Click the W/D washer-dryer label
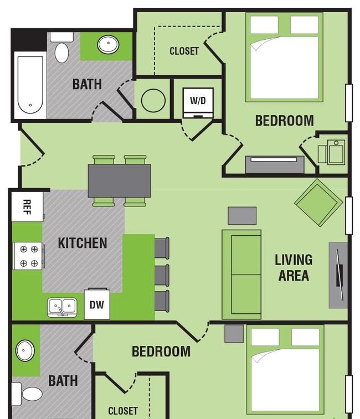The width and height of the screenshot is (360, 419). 198,101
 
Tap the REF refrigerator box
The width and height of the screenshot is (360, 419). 27,207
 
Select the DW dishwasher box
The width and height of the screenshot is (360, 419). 97,304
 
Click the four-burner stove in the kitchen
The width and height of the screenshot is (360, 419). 29,256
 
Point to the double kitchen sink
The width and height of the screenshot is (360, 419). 63,307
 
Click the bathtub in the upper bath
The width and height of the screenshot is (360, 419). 30,85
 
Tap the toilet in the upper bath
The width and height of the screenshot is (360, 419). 62,48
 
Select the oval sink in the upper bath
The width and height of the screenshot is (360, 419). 108,44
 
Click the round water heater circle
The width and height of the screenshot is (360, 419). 153,101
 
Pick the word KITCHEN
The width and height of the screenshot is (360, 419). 83,243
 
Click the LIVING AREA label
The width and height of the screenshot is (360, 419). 294,267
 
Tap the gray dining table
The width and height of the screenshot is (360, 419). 119,180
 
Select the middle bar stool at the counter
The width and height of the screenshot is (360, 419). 162,276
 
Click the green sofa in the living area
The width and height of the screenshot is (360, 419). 241,275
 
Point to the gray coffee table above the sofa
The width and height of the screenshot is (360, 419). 242,216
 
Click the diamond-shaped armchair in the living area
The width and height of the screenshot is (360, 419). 318,203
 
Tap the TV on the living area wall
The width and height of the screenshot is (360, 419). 340,275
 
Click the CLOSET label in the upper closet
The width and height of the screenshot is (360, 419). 184,51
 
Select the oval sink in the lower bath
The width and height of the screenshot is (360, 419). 25,350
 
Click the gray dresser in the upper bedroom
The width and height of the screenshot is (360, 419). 275,164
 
